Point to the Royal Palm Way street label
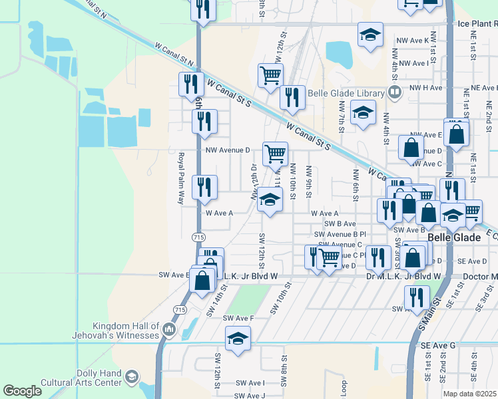[x=181, y=178]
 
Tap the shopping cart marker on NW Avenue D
[x=275, y=154]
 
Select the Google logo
[x=22, y=391]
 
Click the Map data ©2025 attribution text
[x=469, y=394]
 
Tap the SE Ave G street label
[x=437, y=346]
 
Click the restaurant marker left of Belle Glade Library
[x=292, y=98]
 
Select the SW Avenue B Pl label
[x=340, y=234]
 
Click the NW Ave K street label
[x=412, y=41]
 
